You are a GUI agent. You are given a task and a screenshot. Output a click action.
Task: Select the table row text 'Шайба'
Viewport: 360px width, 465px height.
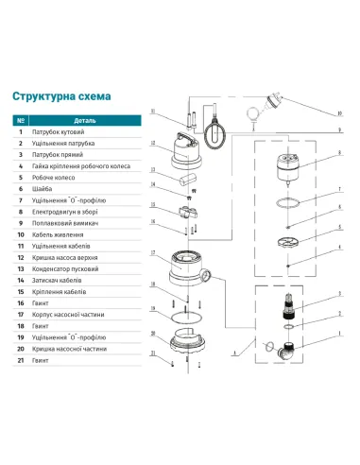[42, 188]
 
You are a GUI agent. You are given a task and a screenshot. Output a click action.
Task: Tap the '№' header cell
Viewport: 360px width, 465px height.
[20, 121]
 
